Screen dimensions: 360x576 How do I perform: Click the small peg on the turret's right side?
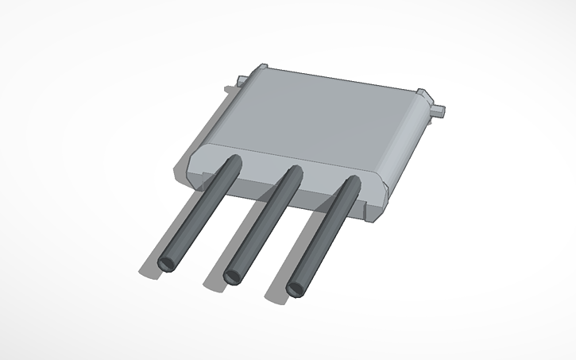pos(439,109)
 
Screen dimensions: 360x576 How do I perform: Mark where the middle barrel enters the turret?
pos(293,172)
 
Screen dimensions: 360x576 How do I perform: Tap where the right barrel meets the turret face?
pos(351,184)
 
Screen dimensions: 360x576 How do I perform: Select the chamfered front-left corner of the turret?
pos(194,158)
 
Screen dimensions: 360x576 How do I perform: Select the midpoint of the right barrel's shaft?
pos(324,234)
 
